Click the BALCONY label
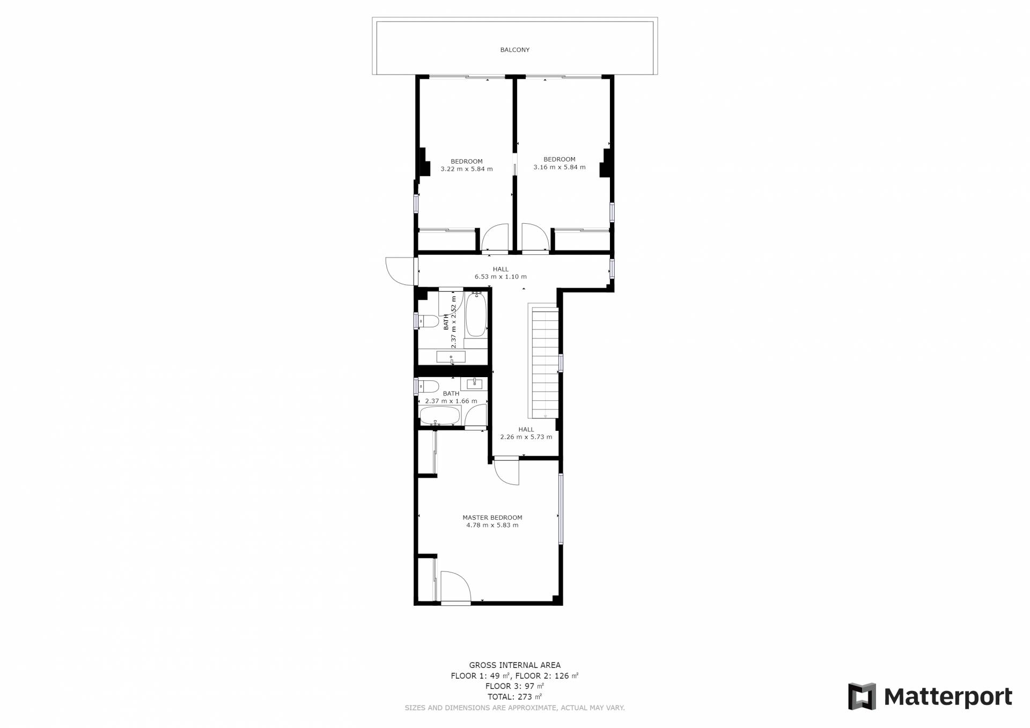coord(514,50)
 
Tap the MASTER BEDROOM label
coord(492,518)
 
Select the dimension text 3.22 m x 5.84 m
coord(466,169)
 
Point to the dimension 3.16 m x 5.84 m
coord(559,167)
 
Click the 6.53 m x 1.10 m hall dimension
coord(501,277)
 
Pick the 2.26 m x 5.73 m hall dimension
coord(526,437)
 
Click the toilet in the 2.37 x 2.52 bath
coord(428,321)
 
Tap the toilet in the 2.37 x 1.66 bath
coord(429,386)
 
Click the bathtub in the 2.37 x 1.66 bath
coord(440,416)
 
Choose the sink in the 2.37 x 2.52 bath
coord(451,357)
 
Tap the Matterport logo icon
coord(862,696)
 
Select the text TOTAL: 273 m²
coord(514,697)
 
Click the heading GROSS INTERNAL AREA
coord(514,665)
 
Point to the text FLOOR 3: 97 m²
coord(514,686)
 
